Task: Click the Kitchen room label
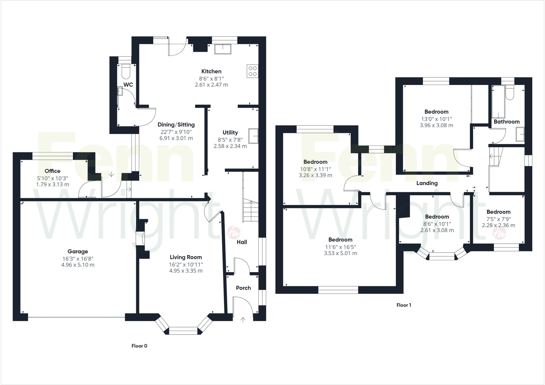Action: coord(211,71)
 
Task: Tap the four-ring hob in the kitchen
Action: coord(253,71)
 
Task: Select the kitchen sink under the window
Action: coord(223,49)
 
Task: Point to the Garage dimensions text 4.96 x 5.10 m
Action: coord(78,265)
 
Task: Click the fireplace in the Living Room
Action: coord(140,238)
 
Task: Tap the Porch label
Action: coord(243,288)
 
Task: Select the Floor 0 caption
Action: coord(139,346)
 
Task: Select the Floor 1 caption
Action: coord(404,305)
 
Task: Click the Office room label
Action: coord(52,171)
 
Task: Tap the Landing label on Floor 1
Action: coord(427,183)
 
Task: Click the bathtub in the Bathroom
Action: coord(498,102)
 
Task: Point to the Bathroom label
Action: coord(506,122)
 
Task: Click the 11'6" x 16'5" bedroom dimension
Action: coord(340,247)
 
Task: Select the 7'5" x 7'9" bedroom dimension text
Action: coord(498,219)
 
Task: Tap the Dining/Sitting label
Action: coord(176,125)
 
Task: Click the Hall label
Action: coord(242,242)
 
